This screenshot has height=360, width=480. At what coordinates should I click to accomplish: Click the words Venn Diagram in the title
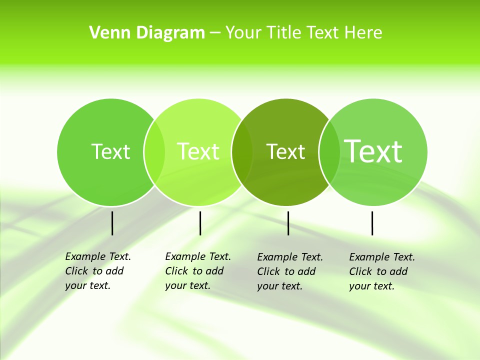tap(147, 33)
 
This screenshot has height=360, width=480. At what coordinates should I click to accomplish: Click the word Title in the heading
tap(283, 33)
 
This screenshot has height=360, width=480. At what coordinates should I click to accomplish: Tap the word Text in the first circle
tap(110, 151)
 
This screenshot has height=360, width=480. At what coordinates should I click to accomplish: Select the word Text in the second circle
tap(198, 151)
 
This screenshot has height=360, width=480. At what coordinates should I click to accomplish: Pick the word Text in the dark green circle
tap(285, 151)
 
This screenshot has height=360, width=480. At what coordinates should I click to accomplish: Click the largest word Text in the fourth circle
tap(373, 151)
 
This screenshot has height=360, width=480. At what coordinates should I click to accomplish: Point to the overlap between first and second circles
tap(154, 152)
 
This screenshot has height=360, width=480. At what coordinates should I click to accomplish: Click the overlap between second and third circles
tap(242, 152)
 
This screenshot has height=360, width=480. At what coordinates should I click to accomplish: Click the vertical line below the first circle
tap(112, 223)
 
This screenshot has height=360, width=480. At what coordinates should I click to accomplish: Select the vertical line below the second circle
tap(200, 223)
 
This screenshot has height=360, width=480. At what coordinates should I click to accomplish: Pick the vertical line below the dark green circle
tap(288, 223)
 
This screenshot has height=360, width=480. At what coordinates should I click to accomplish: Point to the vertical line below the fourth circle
tap(372, 223)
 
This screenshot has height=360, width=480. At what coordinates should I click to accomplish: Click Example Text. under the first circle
tap(98, 256)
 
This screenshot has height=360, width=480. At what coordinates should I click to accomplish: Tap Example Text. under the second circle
tap(198, 256)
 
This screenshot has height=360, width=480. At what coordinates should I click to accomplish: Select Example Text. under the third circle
tap(290, 257)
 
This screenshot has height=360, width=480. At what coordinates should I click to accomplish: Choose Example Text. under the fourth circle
tap(382, 257)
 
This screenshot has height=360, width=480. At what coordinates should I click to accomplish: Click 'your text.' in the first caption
tap(87, 286)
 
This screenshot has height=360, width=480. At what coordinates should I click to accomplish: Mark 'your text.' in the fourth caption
tap(371, 286)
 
